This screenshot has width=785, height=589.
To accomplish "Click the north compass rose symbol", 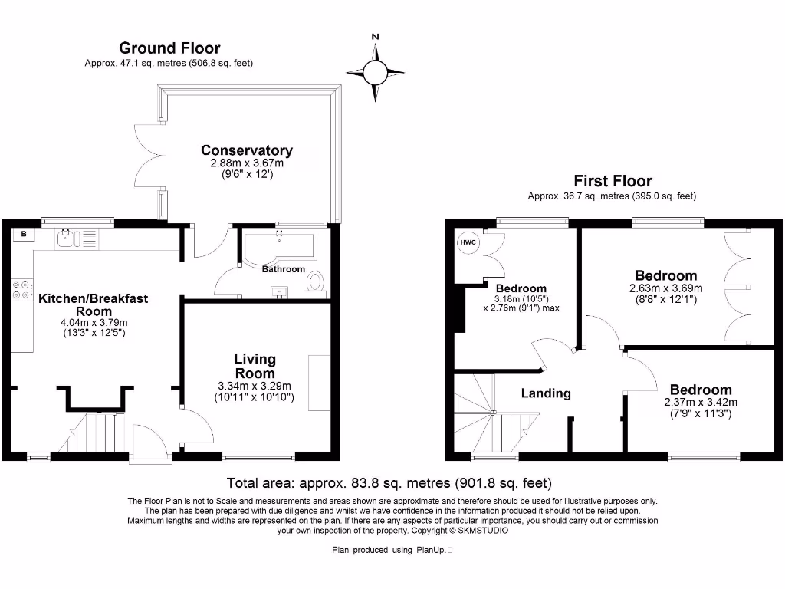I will click(x=375, y=73).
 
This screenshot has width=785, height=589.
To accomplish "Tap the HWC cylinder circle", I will click(x=468, y=243).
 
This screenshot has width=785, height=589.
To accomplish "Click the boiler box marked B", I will click(x=25, y=233).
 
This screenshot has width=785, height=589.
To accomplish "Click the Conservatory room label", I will click(x=246, y=150).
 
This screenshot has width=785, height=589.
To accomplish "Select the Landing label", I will click(x=546, y=393).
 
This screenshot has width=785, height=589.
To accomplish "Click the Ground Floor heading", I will click(x=169, y=49).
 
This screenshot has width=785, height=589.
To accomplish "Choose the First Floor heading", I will click(x=613, y=182).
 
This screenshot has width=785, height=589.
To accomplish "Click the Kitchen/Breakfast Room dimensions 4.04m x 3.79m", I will click(x=94, y=323).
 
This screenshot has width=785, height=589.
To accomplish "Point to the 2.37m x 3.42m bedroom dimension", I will click(x=700, y=403).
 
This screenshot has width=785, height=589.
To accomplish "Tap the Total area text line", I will click(x=389, y=483).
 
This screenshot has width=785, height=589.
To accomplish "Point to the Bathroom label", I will click(x=283, y=269).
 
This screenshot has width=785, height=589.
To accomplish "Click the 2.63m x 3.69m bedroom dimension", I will click(x=665, y=288).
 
